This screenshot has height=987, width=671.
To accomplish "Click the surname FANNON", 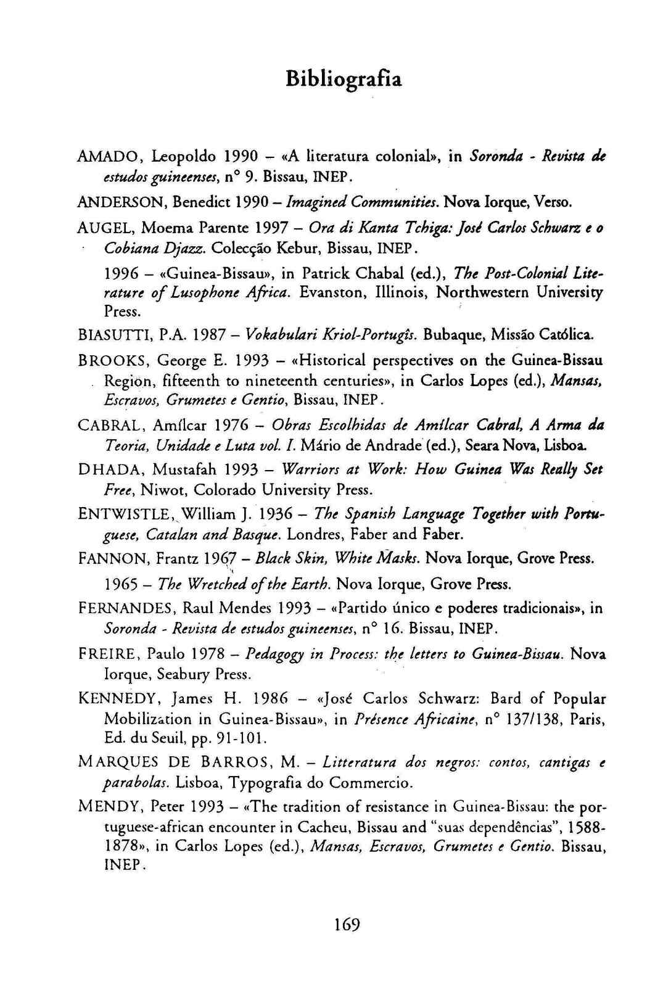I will point(112,559).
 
